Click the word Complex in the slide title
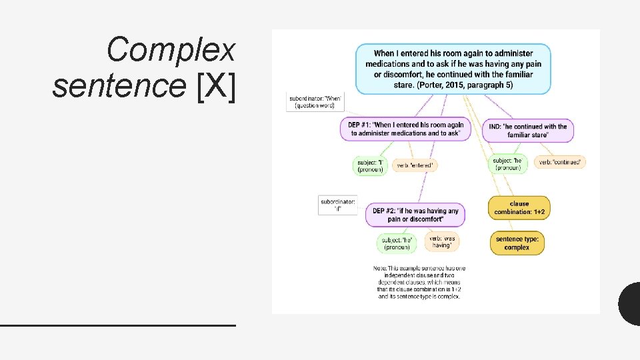click(x=171, y=50)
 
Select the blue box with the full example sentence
click(x=453, y=69)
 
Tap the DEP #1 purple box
click(x=407, y=129)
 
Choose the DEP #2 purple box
click(x=415, y=215)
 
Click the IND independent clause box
click(x=527, y=131)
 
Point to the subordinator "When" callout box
click(x=315, y=101)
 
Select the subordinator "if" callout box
click(x=338, y=204)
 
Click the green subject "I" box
click(x=370, y=165)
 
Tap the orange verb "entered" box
click(x=415, y=165)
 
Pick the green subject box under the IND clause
click(x=508, y=164)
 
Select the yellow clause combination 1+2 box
click(x=519, y=208)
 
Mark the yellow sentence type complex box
click(x=517, y=243)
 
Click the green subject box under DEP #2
click(x=397, y=243)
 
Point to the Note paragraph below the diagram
click(x=419, y=282)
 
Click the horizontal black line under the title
click(x=118, y=325)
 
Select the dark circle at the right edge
click(x=630, y=304)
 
